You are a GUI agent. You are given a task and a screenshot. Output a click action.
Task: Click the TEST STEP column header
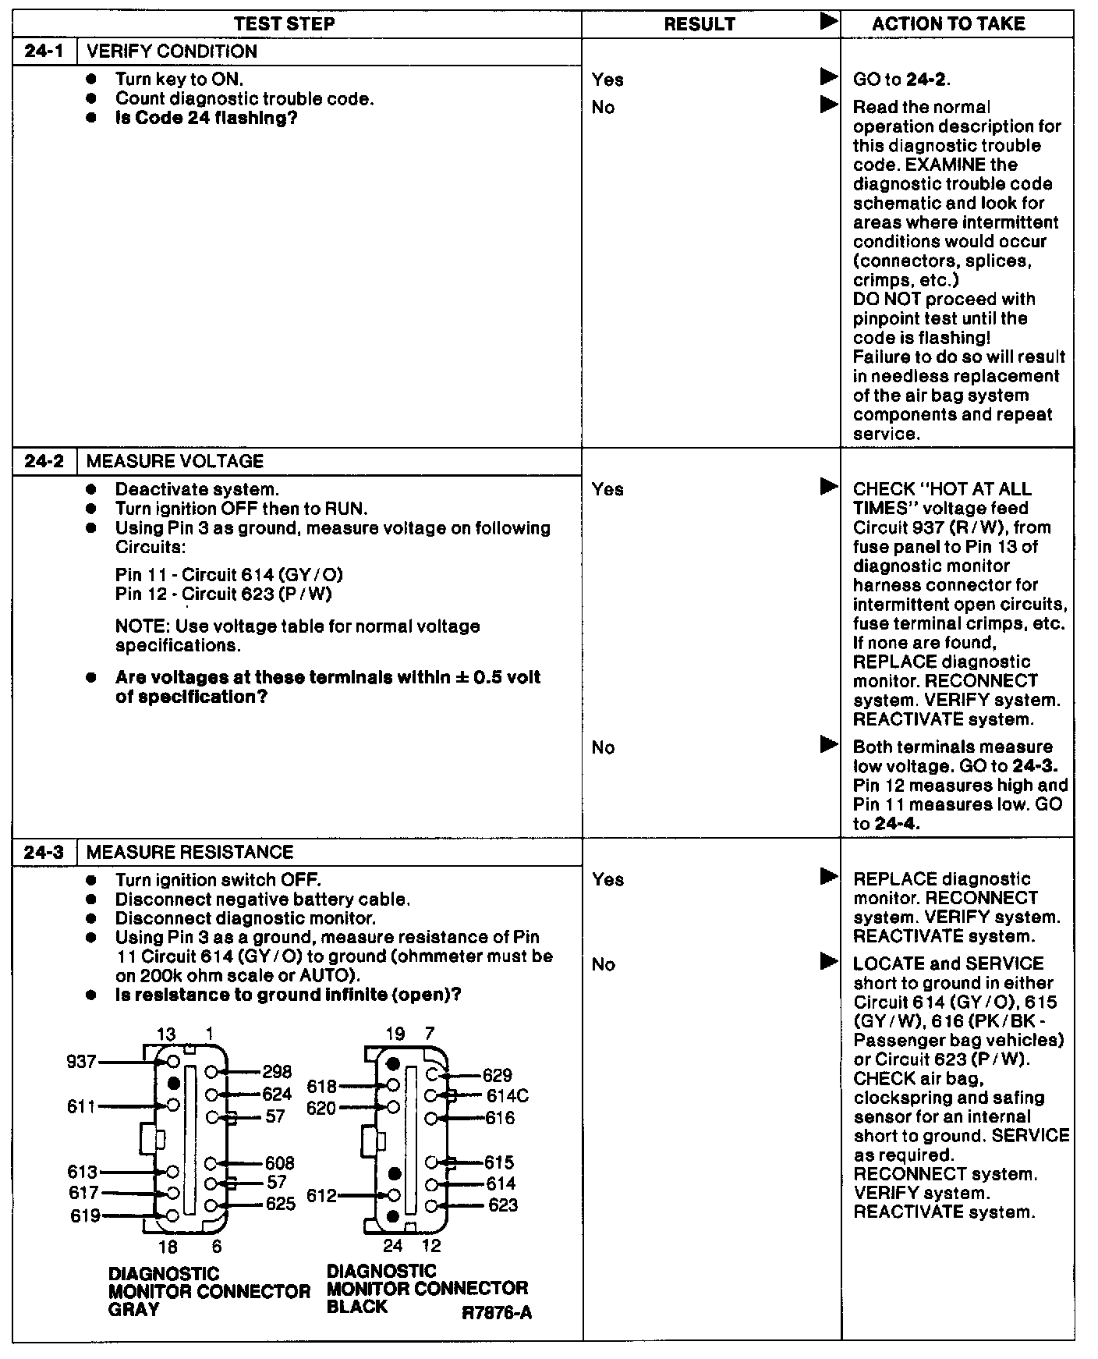284,23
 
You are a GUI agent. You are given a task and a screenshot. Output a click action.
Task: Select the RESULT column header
700,24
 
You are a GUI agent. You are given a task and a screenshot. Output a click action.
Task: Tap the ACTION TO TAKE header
948,23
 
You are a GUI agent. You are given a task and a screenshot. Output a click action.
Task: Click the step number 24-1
44,51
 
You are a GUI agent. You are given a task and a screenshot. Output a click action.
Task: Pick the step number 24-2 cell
44,461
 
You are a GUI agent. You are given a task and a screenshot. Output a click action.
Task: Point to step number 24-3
44,852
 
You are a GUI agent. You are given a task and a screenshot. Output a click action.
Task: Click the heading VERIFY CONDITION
172,51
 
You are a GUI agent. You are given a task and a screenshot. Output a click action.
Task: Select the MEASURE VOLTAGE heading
175,461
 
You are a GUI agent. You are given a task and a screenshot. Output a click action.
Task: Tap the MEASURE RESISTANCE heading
189,852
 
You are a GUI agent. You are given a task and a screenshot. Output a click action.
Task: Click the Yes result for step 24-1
607,80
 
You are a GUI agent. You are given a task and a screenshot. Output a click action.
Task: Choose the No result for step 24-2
603,747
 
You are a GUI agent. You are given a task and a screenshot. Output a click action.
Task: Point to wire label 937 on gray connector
81,1061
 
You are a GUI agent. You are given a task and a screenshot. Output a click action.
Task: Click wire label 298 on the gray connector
277,1072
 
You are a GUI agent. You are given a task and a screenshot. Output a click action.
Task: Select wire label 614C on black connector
507,1096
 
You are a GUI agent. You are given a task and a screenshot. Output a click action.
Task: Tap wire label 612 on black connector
321,1195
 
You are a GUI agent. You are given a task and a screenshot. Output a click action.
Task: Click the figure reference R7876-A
497,1312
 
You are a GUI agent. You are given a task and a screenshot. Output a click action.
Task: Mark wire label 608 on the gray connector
279,1163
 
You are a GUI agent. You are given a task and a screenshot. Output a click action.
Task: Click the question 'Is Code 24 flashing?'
206,118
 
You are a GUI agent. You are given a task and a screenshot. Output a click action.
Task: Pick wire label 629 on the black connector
497,1075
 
